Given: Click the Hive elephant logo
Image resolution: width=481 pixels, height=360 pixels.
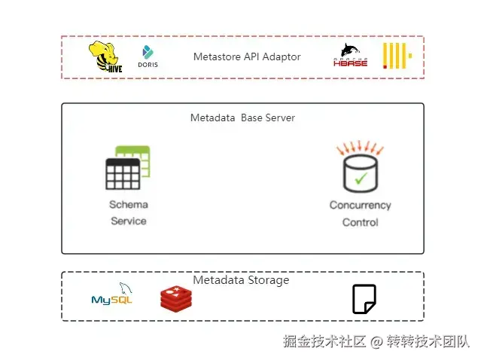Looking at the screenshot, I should click(106, 57).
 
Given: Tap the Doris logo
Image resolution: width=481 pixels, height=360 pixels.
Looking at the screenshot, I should click(148, 57).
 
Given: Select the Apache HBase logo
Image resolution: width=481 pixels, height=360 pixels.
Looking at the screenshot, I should click(350, 56).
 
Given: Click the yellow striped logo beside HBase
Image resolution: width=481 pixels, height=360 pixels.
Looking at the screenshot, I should click(396, 56).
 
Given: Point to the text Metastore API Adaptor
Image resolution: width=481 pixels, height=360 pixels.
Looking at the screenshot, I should click(246, 56).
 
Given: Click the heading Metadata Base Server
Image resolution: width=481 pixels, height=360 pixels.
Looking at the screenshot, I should click(242, 117).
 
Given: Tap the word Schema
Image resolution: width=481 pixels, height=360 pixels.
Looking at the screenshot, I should click(128, 205).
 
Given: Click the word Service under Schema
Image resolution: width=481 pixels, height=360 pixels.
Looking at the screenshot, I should click(128, 221).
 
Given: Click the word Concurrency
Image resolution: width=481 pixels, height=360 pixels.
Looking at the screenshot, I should click(360, 205).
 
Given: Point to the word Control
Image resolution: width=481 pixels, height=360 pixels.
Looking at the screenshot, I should click(360, 222).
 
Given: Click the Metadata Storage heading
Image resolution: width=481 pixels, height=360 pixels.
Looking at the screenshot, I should click(241, 280).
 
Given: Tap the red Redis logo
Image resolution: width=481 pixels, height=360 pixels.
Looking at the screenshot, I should click(177, 298).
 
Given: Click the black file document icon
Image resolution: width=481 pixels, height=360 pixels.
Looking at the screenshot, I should click(364, 299).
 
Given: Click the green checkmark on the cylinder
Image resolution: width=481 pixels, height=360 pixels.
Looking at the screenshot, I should click(361, 178).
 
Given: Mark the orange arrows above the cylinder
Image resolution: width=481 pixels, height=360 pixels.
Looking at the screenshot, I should click(360, 147).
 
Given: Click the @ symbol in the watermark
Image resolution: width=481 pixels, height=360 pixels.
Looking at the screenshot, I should click(376, 341).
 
